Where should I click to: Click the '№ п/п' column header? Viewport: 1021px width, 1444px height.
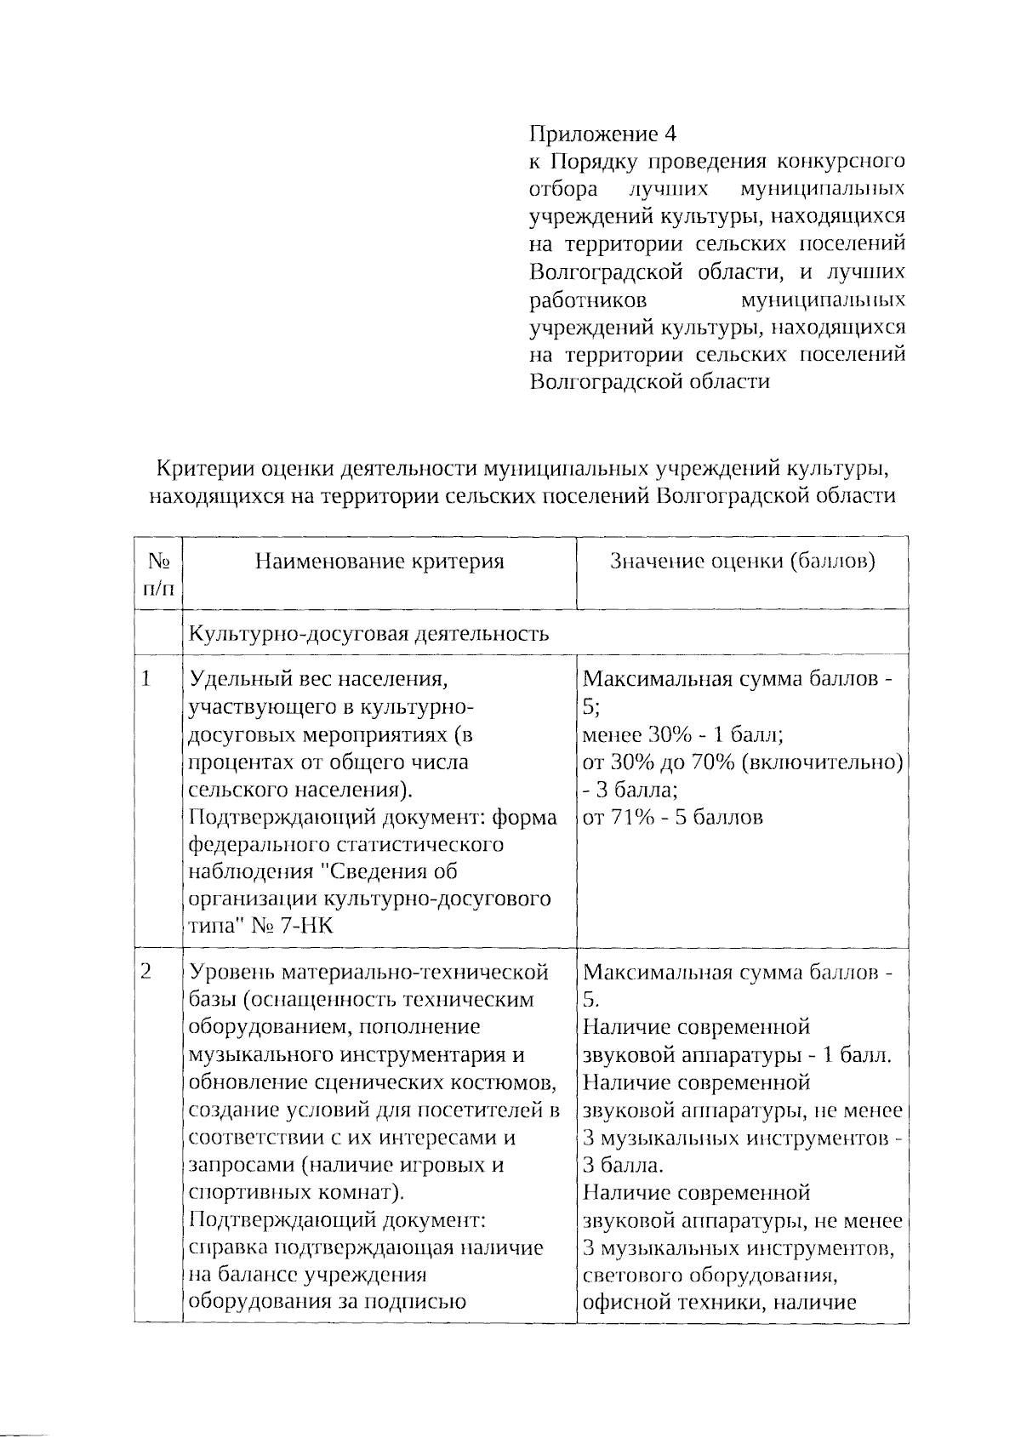click(159, 574)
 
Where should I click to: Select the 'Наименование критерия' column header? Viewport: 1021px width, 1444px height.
click(379, 562)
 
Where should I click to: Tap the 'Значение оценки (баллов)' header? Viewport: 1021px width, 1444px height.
click(742, 562)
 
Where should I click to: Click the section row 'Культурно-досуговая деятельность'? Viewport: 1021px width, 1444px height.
click(368, 634)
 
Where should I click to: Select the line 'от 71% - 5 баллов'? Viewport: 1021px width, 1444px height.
click(673, 818)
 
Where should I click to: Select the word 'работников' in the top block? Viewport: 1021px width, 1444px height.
click(588, 300)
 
